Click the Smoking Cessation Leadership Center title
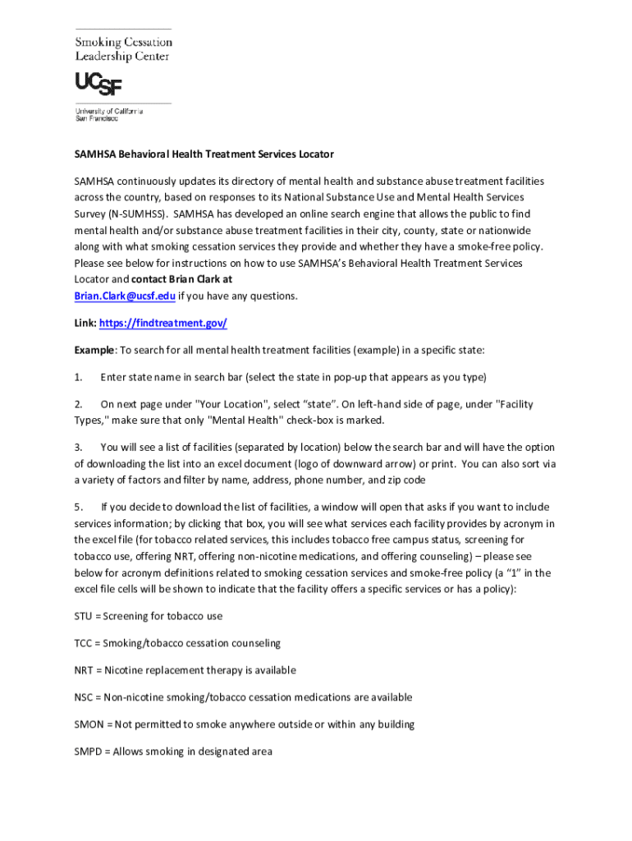[x=124, y=48]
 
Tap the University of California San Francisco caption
[x=109, y=114]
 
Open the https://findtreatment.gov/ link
[x=163, y=324]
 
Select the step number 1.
[x=78, y=377]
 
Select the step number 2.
[x=78, y=404]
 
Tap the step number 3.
[x=78, y=448]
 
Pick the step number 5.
[x=78, y=507]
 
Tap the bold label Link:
[x=85, y=324]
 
